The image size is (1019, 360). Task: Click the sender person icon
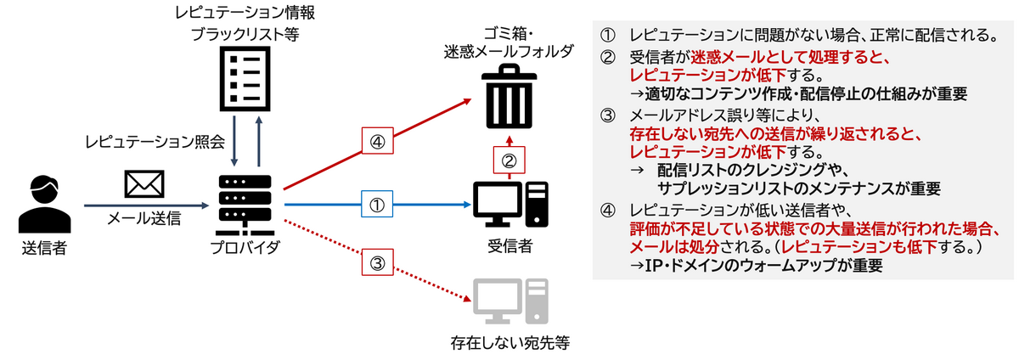[x=42, y=203]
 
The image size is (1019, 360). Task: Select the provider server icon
[x=245, y=205]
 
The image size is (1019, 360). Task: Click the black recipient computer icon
[x=509, y=204]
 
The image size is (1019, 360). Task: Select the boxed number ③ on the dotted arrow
[x=378, y=262]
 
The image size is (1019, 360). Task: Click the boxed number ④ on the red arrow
[x=378, y=141]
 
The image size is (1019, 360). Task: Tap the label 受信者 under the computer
[x=509, y=247]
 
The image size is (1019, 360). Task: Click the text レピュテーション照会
[x=154, y=142]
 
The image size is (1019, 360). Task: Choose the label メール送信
[x=144, y=219]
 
